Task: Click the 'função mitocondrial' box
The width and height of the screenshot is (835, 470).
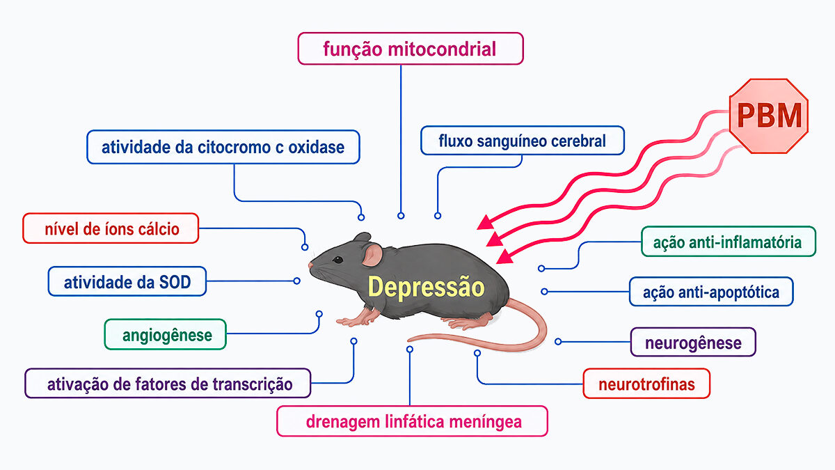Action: (411, 49)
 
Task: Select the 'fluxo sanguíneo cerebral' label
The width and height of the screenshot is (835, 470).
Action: (523, 141)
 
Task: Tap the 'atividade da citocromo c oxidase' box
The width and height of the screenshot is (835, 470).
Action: (223, 147)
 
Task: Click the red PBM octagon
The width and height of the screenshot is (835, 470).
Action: (769, 116)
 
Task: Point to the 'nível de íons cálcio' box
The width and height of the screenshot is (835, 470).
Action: (111, 228)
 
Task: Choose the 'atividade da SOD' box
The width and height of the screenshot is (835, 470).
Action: (127, 281)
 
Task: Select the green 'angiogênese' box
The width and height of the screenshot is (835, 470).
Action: (165, 334)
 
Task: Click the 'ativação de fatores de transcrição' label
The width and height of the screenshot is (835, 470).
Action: (168, 384)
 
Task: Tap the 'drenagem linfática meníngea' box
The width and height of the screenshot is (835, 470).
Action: (412, 421)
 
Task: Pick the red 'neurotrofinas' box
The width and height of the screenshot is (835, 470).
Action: (646, 384)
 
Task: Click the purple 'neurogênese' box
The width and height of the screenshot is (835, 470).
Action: (693, 342)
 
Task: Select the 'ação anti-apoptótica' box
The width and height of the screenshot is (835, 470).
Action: (711, 292)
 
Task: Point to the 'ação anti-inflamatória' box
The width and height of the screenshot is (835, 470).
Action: (729, 242)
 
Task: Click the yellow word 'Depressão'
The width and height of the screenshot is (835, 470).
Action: (426, 286)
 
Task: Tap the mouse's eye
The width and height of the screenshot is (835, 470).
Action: (337, 260)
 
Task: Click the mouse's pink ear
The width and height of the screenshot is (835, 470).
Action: (372, 255)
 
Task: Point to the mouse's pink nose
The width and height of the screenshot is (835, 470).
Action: (310, 265)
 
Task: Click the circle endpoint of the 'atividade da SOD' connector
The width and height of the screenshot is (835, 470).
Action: (296, 281)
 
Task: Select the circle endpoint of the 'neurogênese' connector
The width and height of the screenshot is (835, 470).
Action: (558, 341)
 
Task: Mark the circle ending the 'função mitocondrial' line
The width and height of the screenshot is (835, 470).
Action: (401, 216)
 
